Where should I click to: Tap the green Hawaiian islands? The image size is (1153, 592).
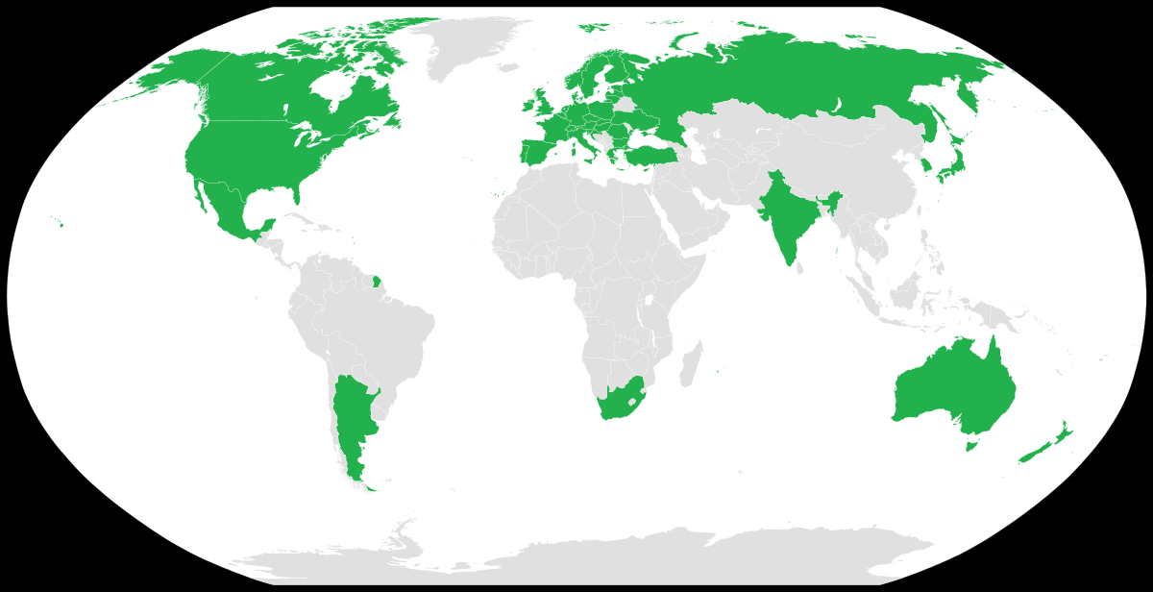coord(61,225)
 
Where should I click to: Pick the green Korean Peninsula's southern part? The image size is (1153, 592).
coord(926,167)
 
